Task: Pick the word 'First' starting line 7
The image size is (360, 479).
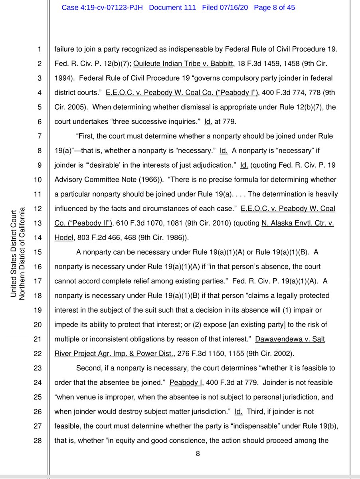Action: point(85,136)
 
